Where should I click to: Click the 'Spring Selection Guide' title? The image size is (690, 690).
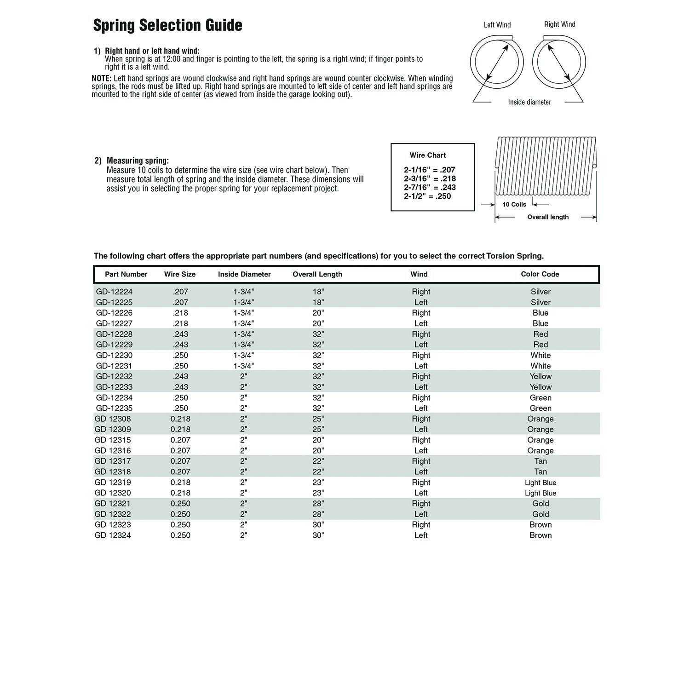pos(167,25)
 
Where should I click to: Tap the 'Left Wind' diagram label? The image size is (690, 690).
pos(497,25)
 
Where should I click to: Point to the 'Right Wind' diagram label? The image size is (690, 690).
pos(559,24)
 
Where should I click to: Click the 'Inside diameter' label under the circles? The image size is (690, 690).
pos(529,102)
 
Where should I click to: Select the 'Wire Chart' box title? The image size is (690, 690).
pos(428,155)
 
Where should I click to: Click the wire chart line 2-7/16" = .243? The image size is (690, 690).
pos(430,188)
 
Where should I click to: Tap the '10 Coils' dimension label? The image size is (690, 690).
pos(514,205)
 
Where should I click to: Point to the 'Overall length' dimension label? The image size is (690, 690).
pos(548,217)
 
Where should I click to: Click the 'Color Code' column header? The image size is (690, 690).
pos(540,274)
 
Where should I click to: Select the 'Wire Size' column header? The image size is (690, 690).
pos(180,274)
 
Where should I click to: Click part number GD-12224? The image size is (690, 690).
pos(114,292)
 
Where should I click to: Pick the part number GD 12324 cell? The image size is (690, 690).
pos(113,535)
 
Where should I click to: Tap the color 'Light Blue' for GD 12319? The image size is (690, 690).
pos(540,483)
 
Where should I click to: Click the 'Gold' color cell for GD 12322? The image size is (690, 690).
pos(540,514)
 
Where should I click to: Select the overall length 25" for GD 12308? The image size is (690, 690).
pos(318,419)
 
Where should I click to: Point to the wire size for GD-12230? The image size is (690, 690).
pos(180,355)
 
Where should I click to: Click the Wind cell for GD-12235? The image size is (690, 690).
pos(421,408)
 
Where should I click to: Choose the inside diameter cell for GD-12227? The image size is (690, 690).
pos(243,323)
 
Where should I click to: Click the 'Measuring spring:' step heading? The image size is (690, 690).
pos(138,161)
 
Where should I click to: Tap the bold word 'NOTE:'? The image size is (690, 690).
pos(102,78)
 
